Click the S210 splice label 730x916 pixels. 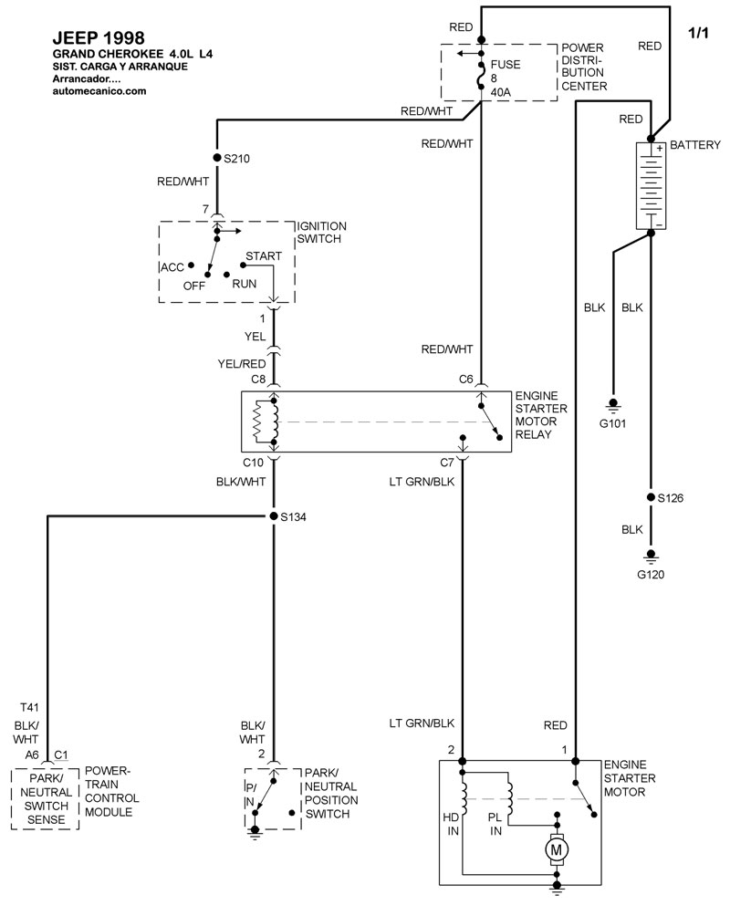point(237,158)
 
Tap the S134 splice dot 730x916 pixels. point(273,516)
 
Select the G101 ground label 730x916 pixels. point(613,423)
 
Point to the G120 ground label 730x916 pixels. point(651,576)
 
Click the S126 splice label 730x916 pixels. point(671,498)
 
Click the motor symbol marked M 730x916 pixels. point(556,850)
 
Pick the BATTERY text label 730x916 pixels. point(695,145)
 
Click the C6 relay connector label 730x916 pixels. point(465,377)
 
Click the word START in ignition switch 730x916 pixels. point(264,256)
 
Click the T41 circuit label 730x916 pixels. point(28,707)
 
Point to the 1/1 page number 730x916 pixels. point(697,34)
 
